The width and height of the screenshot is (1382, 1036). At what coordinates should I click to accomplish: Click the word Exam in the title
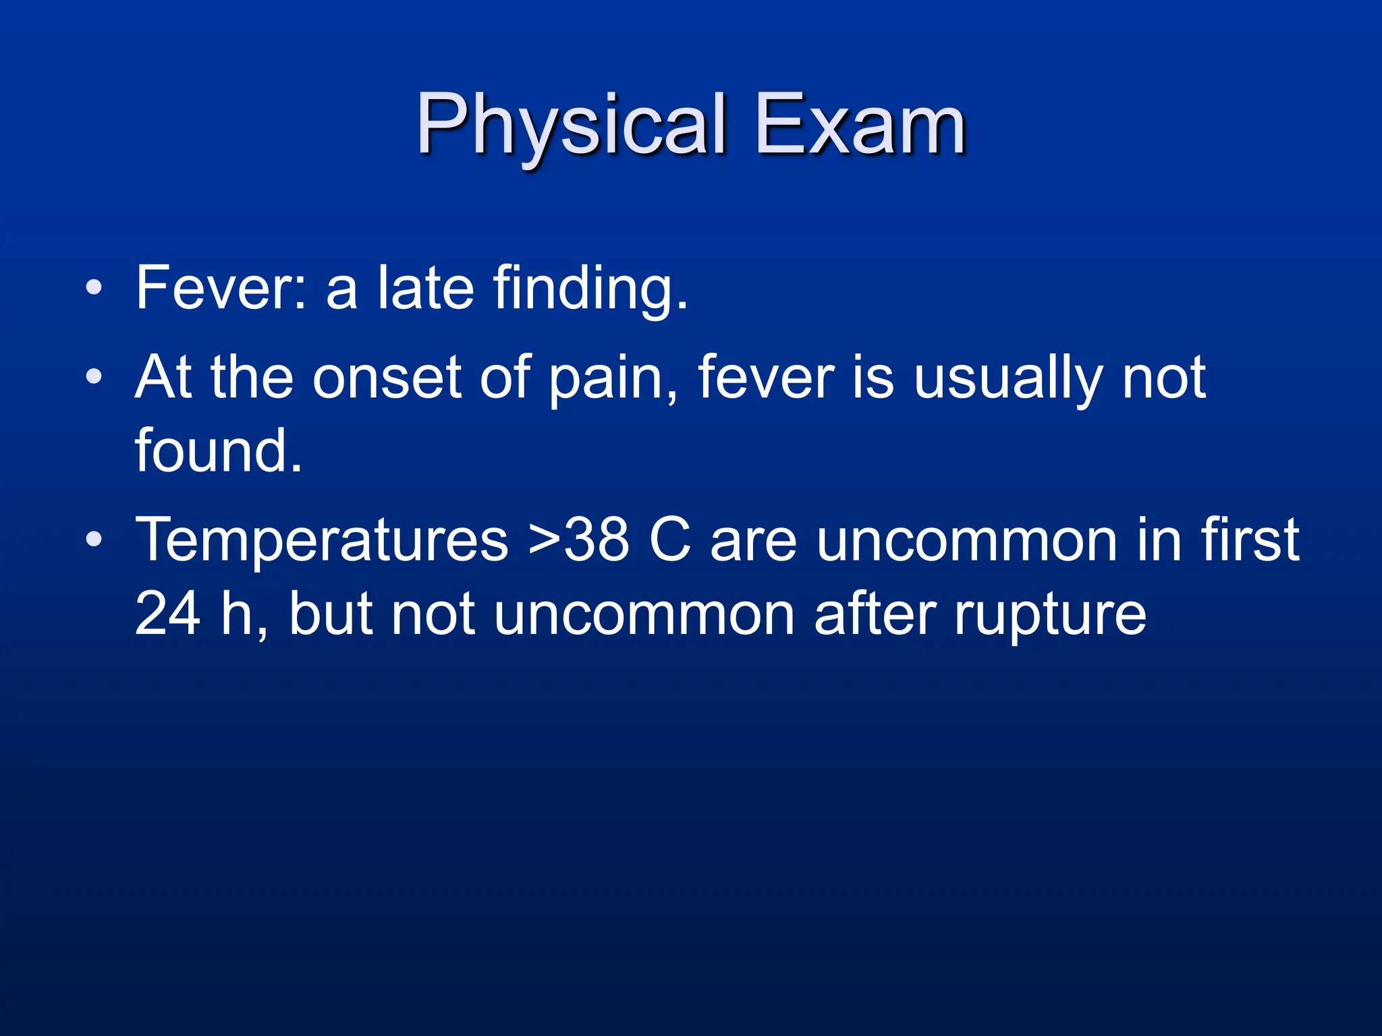point(860,125)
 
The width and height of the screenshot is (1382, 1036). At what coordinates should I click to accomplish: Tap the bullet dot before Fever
point(94,288)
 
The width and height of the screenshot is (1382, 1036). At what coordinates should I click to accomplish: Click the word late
point(425,288)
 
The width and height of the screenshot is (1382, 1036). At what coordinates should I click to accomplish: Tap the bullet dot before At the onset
point(94,377)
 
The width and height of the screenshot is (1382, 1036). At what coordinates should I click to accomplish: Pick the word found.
point(218,451)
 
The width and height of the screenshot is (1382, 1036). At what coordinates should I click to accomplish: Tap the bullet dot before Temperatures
point(94,539)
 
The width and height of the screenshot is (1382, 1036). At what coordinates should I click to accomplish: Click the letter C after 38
point(669,540)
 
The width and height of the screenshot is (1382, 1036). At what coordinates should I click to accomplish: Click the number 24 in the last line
point(167,614)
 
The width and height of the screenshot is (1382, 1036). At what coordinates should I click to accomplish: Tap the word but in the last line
point(331,614)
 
